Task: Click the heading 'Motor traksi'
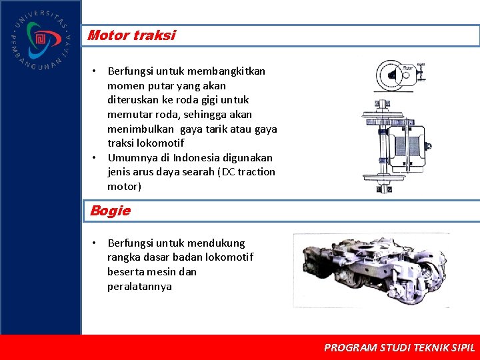(131, 35)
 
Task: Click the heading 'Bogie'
(110, 211)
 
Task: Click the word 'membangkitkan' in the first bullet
(227, 71)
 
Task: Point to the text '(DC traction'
(247, 171)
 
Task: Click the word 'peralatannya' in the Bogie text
(139, 287)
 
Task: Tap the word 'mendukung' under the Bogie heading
(216, 243)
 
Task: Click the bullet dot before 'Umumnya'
(95, 157)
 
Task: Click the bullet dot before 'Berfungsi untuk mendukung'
(95, 243)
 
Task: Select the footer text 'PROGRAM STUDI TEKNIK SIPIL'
(399, 347)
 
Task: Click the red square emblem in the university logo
(41, 38)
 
